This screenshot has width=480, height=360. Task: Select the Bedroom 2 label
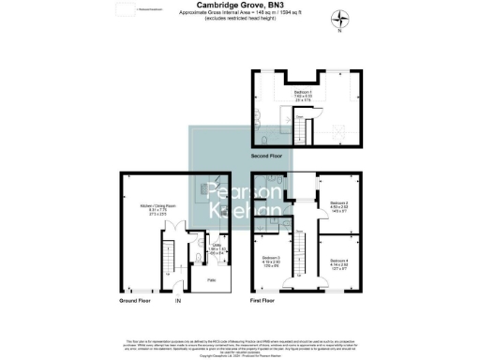(338, 204)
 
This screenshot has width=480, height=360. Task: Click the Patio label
(212, 279)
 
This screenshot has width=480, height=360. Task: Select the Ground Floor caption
(138, 302)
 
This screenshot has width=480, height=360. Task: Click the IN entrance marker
(177, 302)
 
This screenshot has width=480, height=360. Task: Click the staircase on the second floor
(303, 126)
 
